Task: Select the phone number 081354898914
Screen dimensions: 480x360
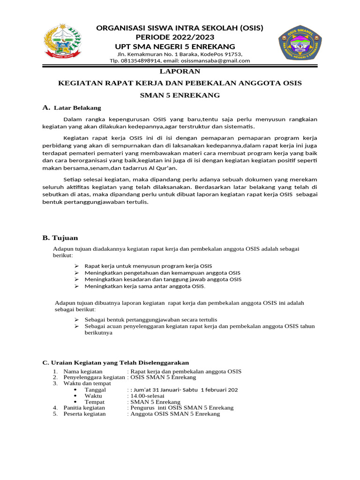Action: (x=141, y=60)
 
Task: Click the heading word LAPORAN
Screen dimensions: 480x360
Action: (x=180, y=71)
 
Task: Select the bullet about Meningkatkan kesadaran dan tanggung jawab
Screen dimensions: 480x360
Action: (x=163, y=279)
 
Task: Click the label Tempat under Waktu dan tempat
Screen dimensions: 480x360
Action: (x=94, y=402)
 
